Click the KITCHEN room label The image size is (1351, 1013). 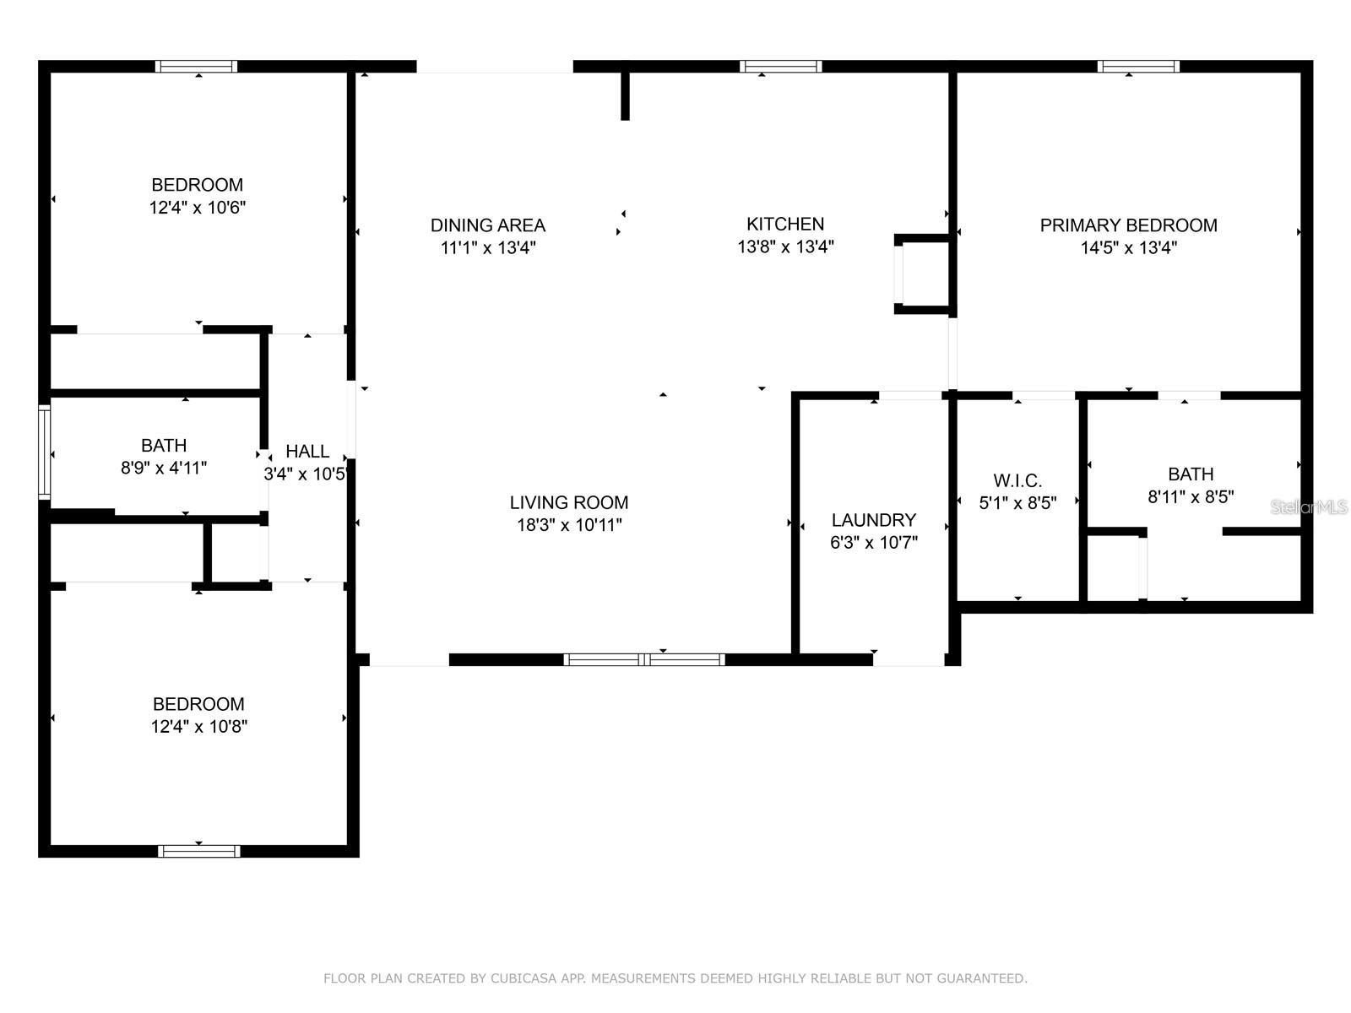[785, 224]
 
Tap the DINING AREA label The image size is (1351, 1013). [488, 225]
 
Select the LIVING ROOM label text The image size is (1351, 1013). [568, 502]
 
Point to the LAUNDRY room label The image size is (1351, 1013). [873, 520]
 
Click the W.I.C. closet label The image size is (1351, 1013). [1017, 481]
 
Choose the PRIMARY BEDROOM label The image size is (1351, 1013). [1128, 225]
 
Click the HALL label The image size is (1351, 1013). [307, 451]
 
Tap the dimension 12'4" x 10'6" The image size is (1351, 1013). [198, 208]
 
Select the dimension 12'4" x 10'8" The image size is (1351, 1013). [199, 727]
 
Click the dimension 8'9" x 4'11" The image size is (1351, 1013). [164, 468]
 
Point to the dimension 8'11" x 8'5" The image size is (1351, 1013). [1191, 497]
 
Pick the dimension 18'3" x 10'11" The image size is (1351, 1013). [569, 525]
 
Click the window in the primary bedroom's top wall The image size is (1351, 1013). [1138, 67]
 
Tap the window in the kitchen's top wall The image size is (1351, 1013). [781, 67]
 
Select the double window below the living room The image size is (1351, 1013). [644, 659]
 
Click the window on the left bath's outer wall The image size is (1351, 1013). [45, 452]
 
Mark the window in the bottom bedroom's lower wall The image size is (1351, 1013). [199, 851]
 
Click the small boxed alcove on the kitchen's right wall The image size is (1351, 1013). [924, 274]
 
